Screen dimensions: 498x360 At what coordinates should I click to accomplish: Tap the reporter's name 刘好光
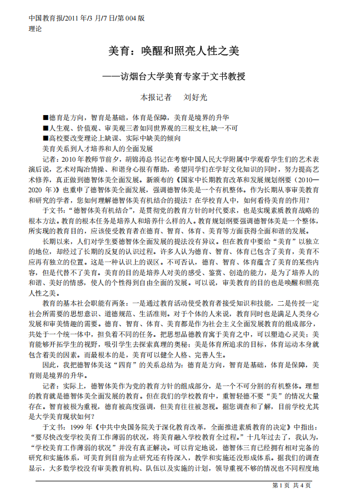point(195,97)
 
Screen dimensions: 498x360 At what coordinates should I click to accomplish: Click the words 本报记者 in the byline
point(156,97)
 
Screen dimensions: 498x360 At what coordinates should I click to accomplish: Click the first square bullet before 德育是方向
point(46,118)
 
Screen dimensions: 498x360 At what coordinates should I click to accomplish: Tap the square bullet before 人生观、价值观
point(46,128)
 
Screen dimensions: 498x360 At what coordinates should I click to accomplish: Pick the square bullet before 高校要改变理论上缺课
point(46,138)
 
